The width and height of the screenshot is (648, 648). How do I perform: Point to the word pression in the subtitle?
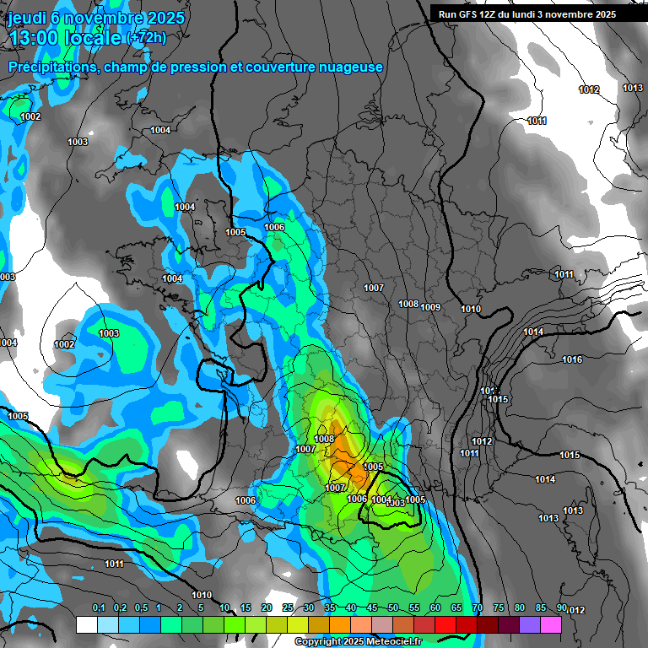[x=197, y=67]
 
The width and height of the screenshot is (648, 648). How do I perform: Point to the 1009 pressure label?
[x=430, y=306]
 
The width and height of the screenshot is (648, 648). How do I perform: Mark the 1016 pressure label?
[x=572, y=360]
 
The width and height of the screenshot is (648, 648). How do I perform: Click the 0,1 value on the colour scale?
[x=98, y=608]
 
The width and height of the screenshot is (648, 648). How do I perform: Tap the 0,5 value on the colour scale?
[x=140, y=608]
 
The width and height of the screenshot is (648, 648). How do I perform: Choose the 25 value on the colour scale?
[x=288, y=608]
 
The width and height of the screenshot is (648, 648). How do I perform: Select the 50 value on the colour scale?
[x=393, y=608]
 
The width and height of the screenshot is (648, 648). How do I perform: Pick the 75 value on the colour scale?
[x=499, y=608]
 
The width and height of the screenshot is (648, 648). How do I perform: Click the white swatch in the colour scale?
[x=87, y=624]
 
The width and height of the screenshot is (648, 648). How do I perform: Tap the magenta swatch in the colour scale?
[x=551, y=624]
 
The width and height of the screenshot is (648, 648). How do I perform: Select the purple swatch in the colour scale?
[x=530, y=624]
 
